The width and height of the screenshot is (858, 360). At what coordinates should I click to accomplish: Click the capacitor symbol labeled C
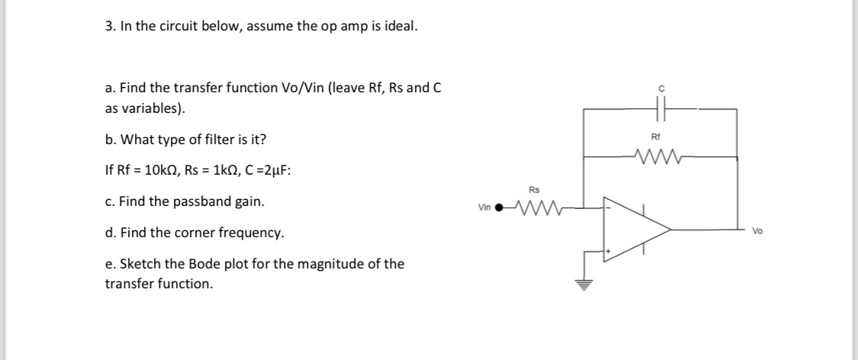(x=660, y=110)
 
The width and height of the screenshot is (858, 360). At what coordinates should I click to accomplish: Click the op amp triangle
(x=633, y=228)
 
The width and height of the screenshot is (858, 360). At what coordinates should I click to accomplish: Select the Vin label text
(x=484, y=207)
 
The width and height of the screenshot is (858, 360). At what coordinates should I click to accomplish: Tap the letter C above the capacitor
(x=660, y=89)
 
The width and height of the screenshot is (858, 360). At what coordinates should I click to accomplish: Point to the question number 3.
(x=109, y=27)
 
